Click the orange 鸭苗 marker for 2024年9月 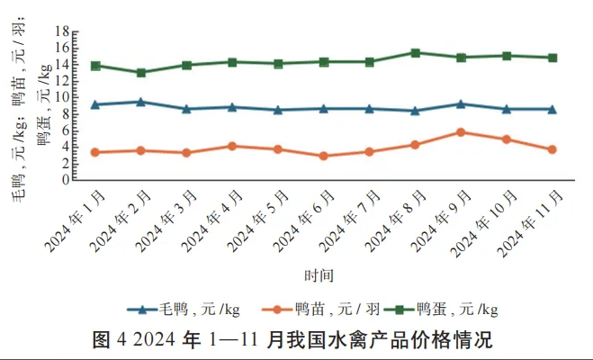click(x=461, y=132)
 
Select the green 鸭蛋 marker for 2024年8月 click(x=415, y=53)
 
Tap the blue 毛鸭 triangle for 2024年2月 click(x=141, y=102)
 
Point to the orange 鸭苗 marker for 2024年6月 click(x=324, y=156)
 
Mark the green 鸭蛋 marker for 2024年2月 click(x=141, y=73)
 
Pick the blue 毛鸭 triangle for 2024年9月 click(x=461, y=103)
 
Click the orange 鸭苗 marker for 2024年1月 click(x=95, y=152)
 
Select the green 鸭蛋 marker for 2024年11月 click(x=552, y=58)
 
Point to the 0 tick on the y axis click(x=66, y=179)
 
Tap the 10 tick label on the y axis click(x=62, y=96)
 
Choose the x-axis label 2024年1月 click(x=73, y=221)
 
